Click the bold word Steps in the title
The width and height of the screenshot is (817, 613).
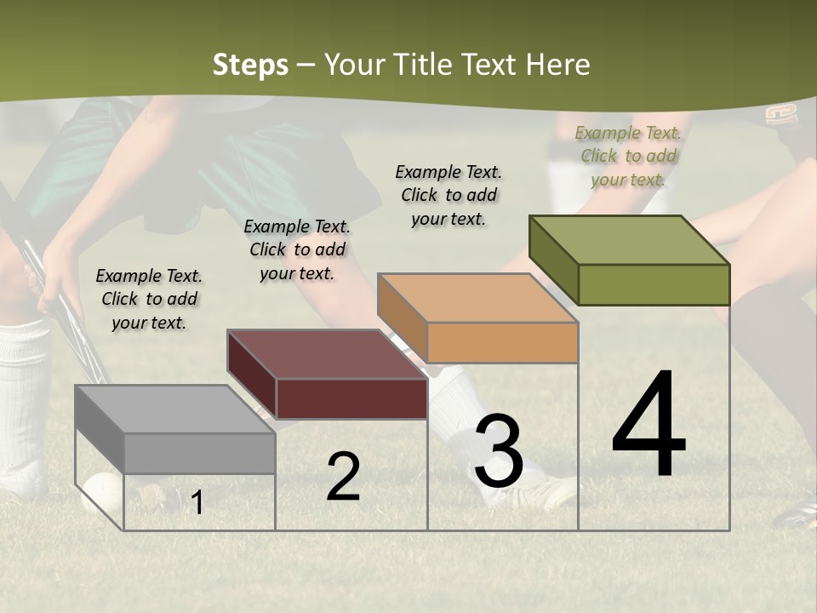(250, 65)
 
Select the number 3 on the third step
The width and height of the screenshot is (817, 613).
(499, 451)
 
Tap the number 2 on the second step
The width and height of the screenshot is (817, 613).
(343, 477)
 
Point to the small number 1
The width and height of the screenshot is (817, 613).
(197, 503)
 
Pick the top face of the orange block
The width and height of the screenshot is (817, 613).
(477, 298)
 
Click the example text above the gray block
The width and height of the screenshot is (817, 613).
(149, 299)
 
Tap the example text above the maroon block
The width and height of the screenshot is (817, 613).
(297, 249)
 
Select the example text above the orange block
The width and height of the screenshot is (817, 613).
(448, 195)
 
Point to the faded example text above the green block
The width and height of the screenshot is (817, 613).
(628, 156)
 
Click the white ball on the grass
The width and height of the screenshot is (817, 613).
(102, 492)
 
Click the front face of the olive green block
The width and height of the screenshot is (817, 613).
(654, 284)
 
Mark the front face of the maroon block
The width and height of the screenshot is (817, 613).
(351, 398)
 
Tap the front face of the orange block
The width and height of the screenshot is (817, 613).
(502, 342)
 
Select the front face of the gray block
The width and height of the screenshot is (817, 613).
(199, 453)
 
